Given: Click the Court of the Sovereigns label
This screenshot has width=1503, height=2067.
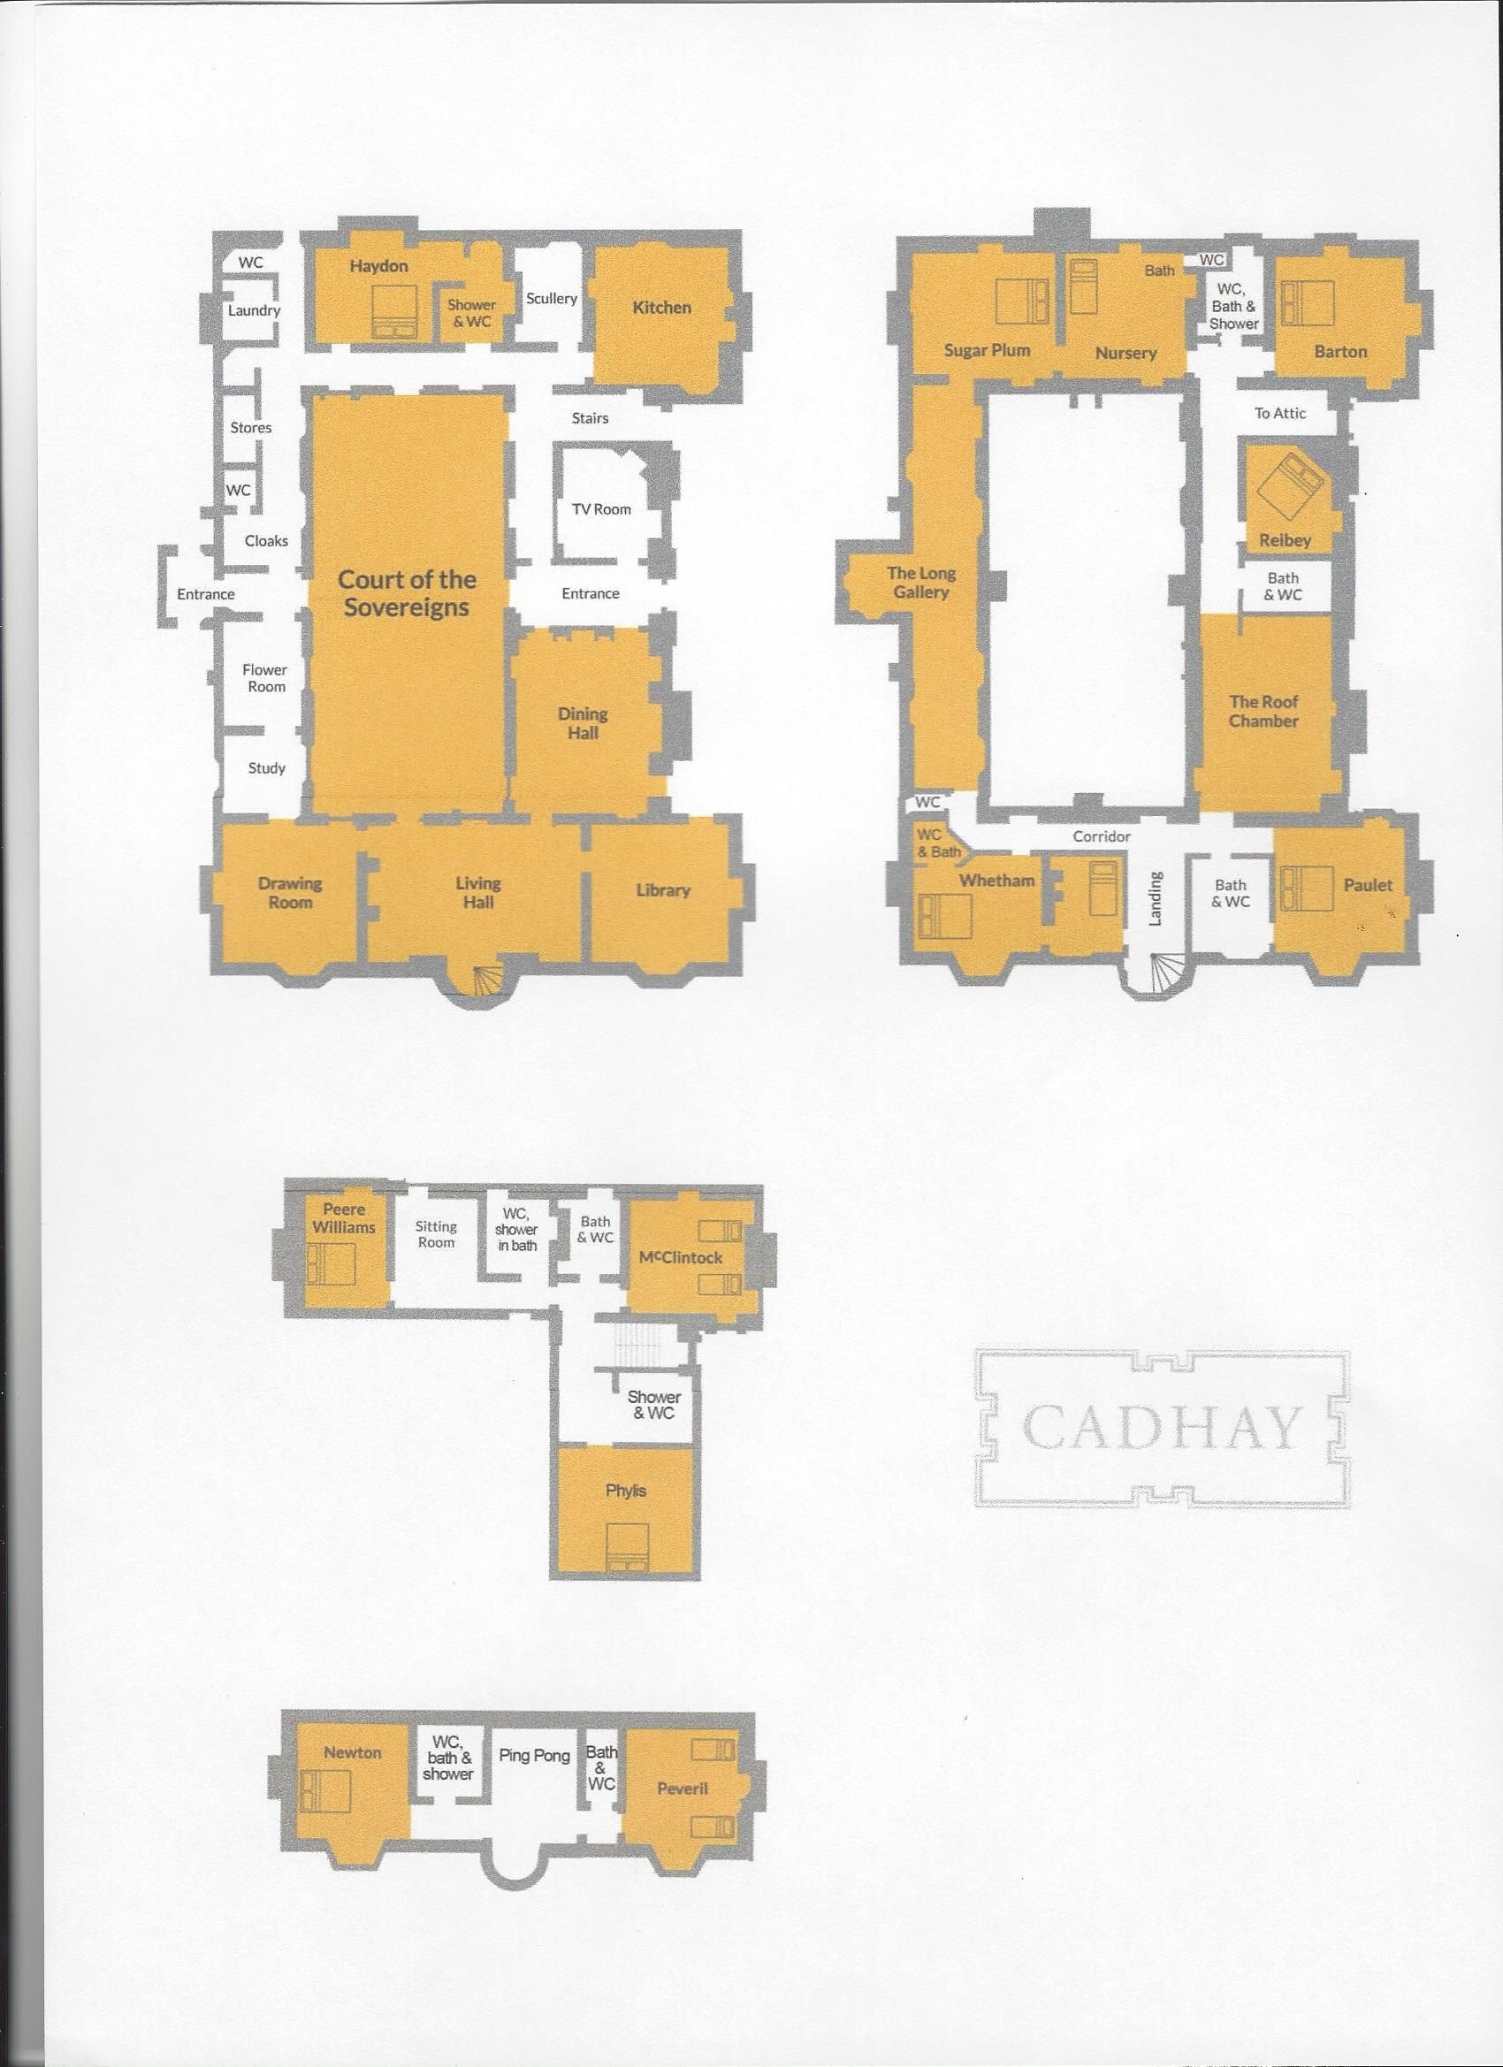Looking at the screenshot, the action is [x=407, y=593].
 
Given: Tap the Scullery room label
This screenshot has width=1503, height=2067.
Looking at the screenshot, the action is [x=552, y=298].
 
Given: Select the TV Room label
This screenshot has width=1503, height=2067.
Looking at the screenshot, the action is [x=601, y=508].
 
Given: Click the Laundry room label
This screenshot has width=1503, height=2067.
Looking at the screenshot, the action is [x=255, y=309].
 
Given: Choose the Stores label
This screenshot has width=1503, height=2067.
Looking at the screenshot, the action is [x=251, y=427].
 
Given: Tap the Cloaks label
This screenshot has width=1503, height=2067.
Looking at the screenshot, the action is [x=266, y=540].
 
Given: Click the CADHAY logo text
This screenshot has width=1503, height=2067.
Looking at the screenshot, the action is [x=1161, y=1429].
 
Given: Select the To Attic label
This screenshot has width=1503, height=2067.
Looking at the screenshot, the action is [x=1279, y=413].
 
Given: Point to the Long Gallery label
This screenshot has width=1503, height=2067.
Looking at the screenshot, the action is [x=921, y=583].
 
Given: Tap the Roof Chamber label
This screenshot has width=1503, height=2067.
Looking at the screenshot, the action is [x=1263, y=711].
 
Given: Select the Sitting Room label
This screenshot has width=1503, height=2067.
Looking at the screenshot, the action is [x=436, y=1235].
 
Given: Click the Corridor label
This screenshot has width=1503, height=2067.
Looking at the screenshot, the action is [x=1101, y=835].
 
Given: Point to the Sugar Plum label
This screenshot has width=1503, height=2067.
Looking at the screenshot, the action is [x=987, y=349].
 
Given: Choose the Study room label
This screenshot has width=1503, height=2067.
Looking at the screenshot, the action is [x=267, y=767].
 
